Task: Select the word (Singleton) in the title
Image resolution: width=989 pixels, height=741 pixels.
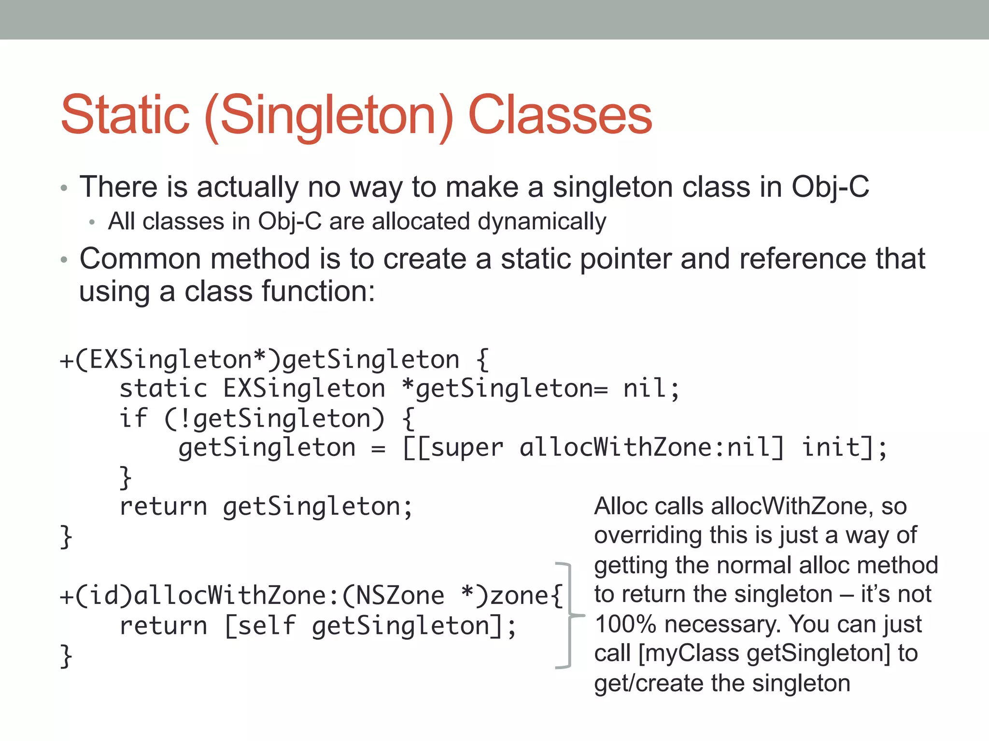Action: click(x=329, y=116)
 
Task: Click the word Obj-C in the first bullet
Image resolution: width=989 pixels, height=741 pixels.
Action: click(x=830, y=187)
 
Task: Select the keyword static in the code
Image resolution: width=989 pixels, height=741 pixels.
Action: click(x=163, y=389)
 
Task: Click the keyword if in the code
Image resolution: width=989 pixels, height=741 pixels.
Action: click(x=133, y=418)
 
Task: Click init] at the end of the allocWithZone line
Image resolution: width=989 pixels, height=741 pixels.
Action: click(x=838, y=447)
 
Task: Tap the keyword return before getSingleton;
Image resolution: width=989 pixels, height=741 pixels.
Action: click(x=163, y=507)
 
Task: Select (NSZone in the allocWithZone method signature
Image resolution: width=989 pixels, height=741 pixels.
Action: click(x=393, y=596)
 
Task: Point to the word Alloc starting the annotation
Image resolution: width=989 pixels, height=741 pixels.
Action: click(x=620, y=507)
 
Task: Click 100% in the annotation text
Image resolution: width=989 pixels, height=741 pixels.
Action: click(x=625, y=624)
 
